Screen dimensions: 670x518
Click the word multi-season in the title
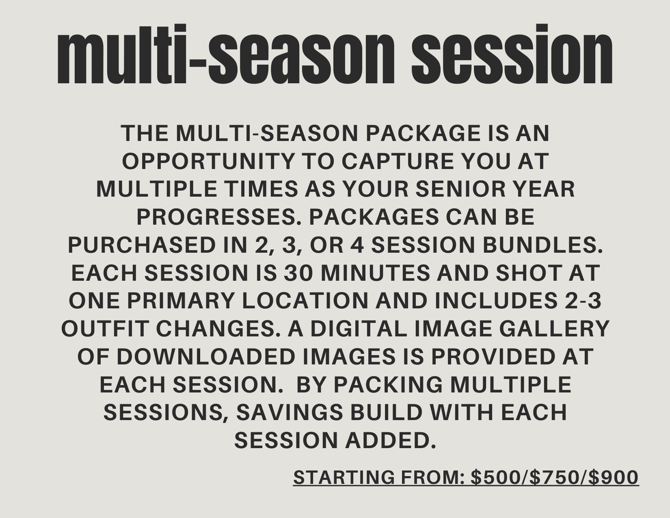[x=226, y=54]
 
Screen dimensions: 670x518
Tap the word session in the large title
[x=512, y=54]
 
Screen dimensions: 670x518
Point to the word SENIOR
[x=460, y=189]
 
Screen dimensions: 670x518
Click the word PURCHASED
[x=142, y=245]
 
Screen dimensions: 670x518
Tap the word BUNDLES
[x=542, y=245]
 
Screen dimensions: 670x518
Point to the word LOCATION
[x=305, y=301]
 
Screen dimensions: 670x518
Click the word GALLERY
[x=554, y=329]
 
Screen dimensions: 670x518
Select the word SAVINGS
[x=290, y=413]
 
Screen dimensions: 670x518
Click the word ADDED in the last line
[x=390, y=440]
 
